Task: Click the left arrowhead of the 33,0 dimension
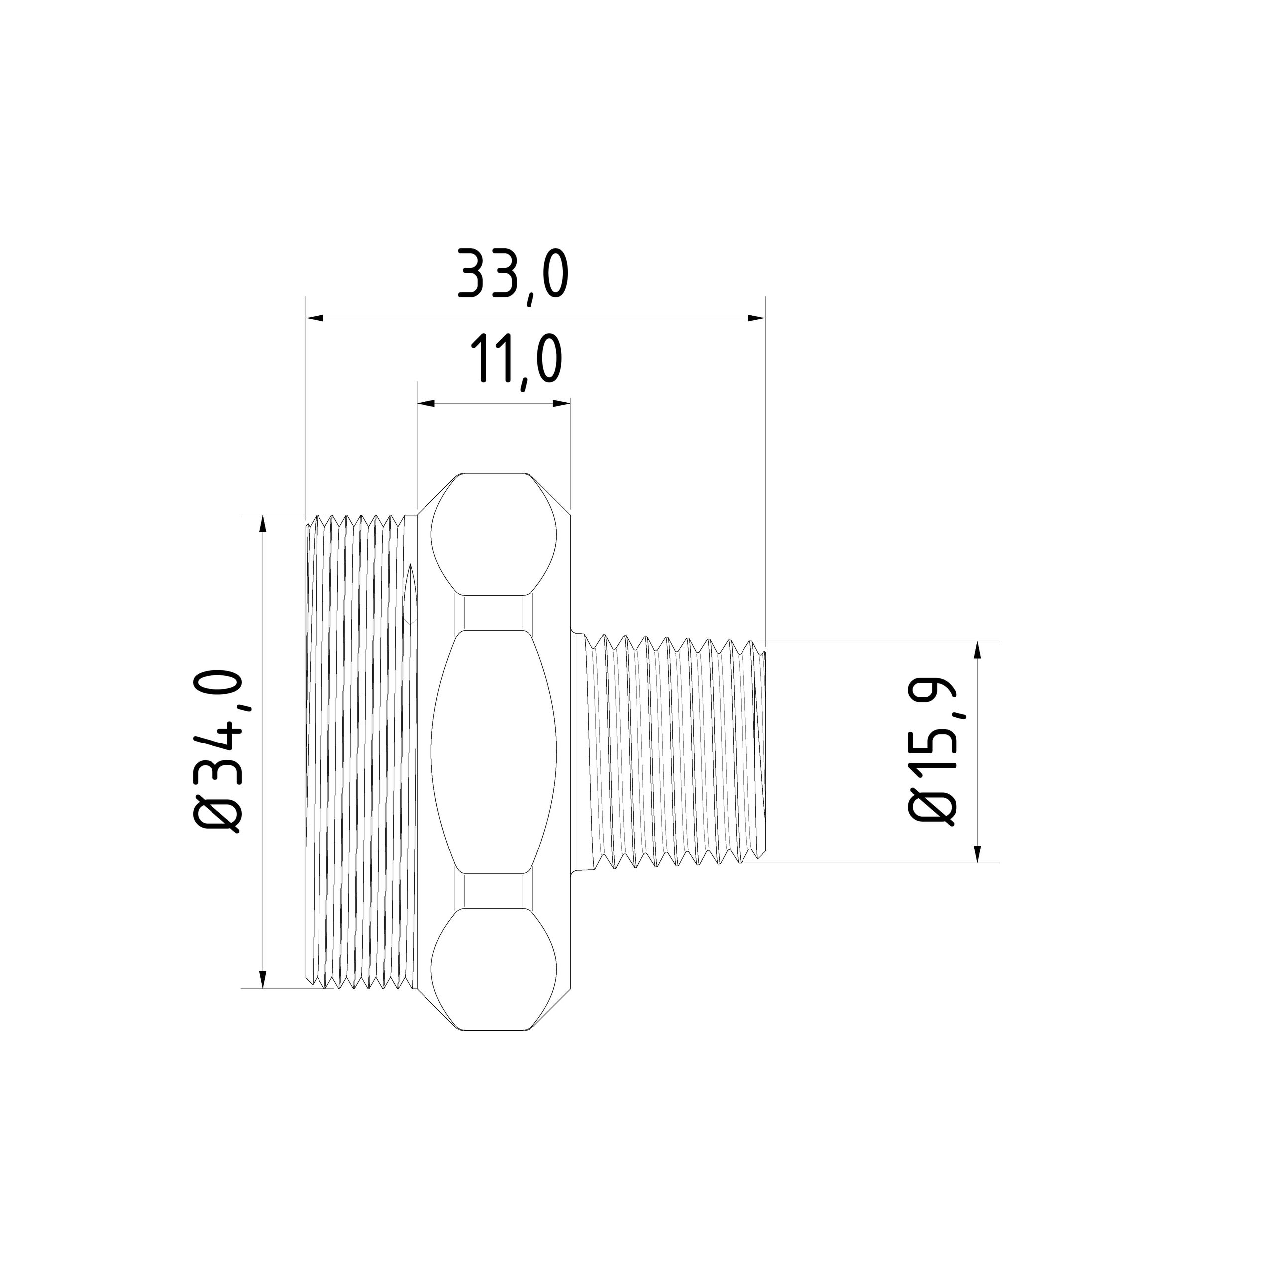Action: point(315,318)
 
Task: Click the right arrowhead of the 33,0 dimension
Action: point(756,318)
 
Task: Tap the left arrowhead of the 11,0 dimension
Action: point(426,403)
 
